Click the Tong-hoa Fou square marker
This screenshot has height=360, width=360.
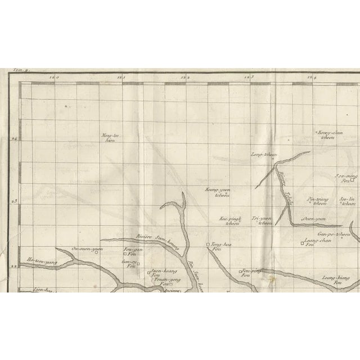(208, 245)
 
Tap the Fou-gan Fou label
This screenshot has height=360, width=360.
(130, 251)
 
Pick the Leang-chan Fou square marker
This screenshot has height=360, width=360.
(302, 244)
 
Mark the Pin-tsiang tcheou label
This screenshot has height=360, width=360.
(319, 201)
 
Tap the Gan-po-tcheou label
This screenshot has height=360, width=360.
(334, 233)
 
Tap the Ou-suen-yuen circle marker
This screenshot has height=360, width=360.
(97, 252)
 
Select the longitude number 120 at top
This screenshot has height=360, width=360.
(54, 78)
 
